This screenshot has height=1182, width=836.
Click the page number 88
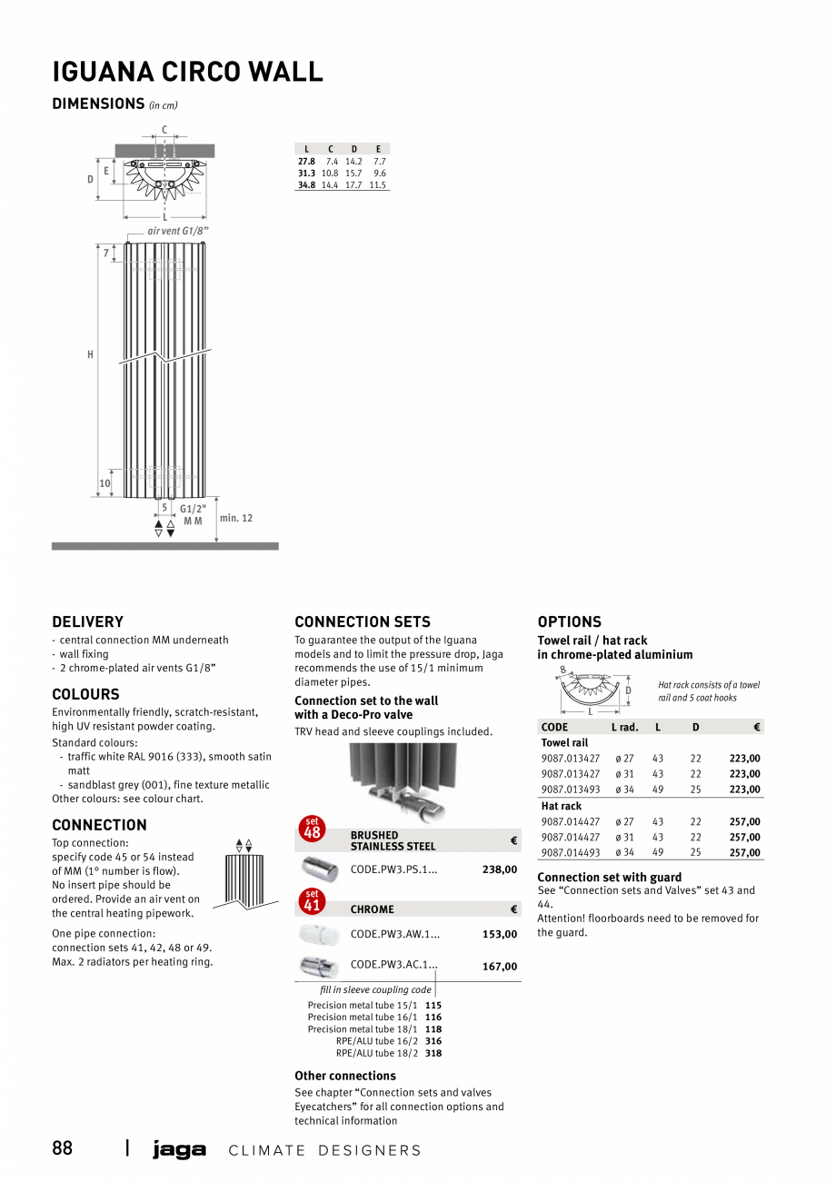point(63,1148)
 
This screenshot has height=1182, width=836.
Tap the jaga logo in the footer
point(179,1149)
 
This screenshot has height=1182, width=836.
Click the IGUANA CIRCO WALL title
point(187,72)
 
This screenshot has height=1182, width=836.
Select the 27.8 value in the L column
point(306,161)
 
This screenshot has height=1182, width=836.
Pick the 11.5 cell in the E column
point(378,185)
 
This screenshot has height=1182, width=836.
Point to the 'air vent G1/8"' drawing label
point(178,232)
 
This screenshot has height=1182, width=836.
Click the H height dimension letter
point(90,355)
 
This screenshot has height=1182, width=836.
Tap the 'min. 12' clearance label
point(236,518)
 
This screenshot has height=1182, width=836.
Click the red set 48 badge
point(313,829)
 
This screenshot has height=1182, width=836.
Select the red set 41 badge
point(313,900)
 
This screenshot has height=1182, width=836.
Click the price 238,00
point(499,869)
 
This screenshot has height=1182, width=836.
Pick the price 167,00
point(499,967)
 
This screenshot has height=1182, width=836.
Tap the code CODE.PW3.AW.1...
point(394,934)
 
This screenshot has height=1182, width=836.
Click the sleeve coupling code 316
point(433,1041)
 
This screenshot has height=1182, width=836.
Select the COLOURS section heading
point(85,695)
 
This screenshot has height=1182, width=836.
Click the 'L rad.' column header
point(624,727)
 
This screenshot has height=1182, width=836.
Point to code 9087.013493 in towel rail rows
point(571,790)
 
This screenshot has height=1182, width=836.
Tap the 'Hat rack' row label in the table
point(562,806)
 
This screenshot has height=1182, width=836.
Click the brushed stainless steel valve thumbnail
point(320,869)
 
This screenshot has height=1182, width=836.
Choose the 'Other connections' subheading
point(345,1076)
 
